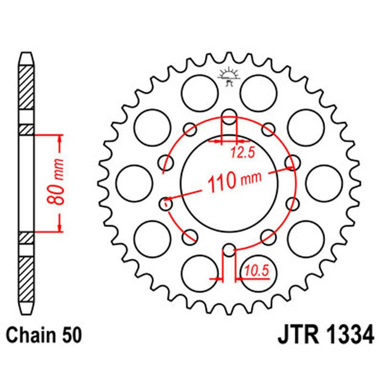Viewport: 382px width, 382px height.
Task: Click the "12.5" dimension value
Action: coord(242,153)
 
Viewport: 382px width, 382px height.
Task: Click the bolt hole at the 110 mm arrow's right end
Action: coord(292,162)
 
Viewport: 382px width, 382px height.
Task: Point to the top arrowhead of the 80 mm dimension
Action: coord(60,138)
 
